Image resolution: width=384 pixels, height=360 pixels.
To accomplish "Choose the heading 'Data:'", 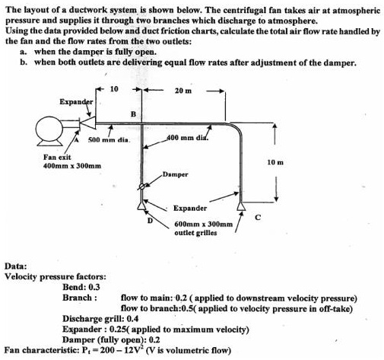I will [17, 265].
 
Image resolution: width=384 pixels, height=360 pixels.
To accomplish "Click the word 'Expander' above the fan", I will [76, 101].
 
